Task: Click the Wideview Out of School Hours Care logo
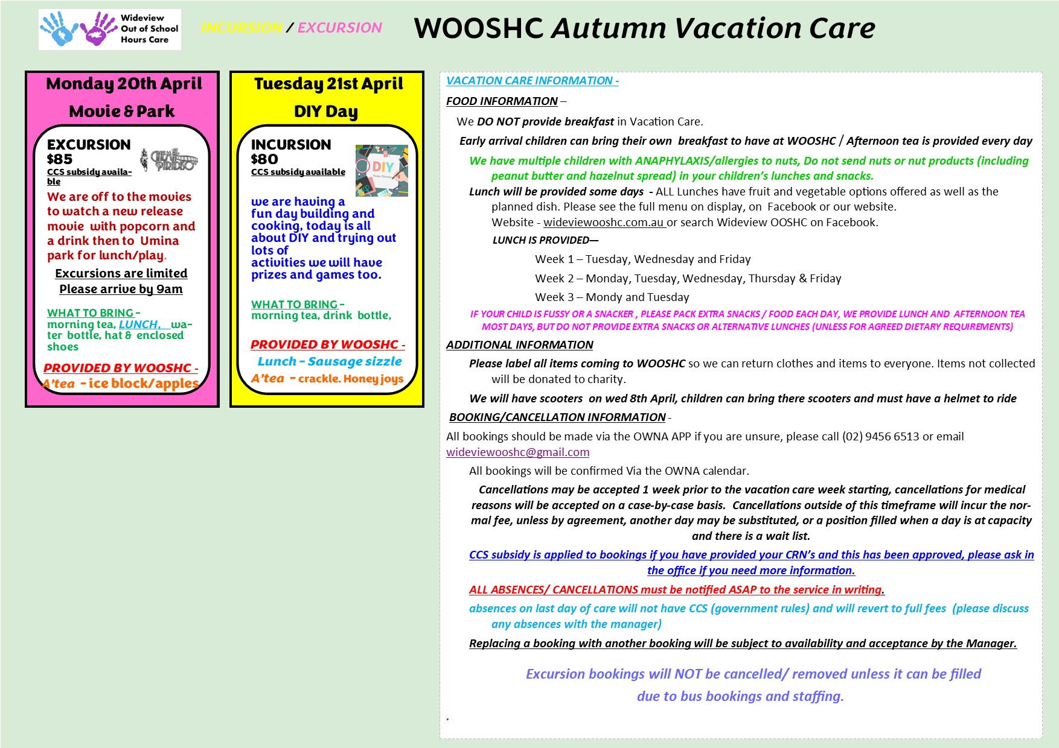pos(109,29)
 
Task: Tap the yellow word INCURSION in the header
pos(242,28)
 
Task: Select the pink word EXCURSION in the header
pos(339,28)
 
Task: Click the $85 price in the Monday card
pos(60,159)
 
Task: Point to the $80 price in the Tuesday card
pos(264,159)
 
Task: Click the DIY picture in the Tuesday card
pos(382,171)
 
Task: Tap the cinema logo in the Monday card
pos(169,160)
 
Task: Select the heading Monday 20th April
pos(124,84)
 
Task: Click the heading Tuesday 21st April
pos(328,84)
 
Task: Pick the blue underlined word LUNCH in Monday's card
pos(139,325)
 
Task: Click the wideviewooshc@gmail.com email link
pos(517,452)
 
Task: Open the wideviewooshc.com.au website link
pos(604,222)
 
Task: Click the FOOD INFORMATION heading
pos(502,101)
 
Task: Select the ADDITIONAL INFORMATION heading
pos(519,345)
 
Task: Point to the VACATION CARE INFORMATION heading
pos(532,81)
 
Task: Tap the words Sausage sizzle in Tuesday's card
pos(354,361)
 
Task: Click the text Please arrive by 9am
pos(121,289)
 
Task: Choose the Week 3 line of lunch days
pos(612,297)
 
